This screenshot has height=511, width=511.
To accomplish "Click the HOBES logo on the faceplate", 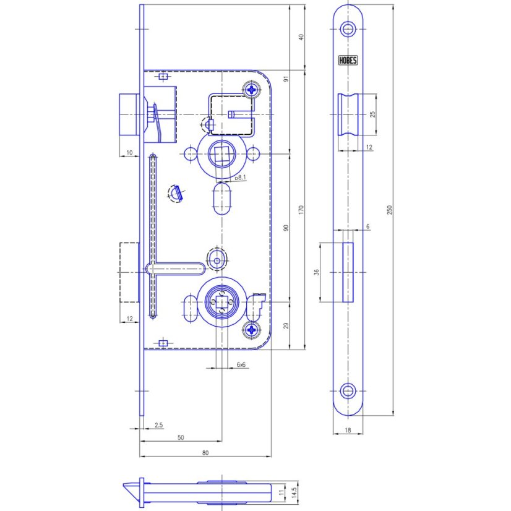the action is [x=348, y=60].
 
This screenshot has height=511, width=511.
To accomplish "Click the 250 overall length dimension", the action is [x=390, y=210].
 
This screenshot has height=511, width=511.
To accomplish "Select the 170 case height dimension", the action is [x=301, y=210].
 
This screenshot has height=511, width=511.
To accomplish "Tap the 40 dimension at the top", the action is [x=301, y=37].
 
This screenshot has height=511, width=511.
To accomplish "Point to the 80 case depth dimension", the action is [x=205, y=453].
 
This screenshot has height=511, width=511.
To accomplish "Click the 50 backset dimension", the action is [x=181, y=437].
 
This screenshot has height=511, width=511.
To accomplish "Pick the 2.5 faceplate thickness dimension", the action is [x=159, y=425].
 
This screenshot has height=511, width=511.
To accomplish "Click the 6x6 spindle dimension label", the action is [x=241, y=364].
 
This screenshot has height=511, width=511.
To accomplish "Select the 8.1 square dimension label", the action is [x=241, y=178].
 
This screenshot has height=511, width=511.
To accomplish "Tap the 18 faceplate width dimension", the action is [x=348, y=430].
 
